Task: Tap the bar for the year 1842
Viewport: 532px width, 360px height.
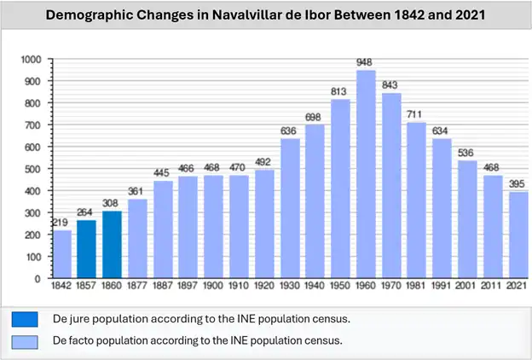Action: [62, 254]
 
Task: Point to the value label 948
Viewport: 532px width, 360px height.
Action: [366, 62]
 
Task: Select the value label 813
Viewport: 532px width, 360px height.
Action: [340, 92]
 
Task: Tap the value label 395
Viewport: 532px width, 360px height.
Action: [518, 183]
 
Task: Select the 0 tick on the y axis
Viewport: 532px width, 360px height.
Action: [37, 278]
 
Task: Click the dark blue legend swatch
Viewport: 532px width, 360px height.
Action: [24, 320]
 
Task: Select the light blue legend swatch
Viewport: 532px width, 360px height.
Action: [24, 341]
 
